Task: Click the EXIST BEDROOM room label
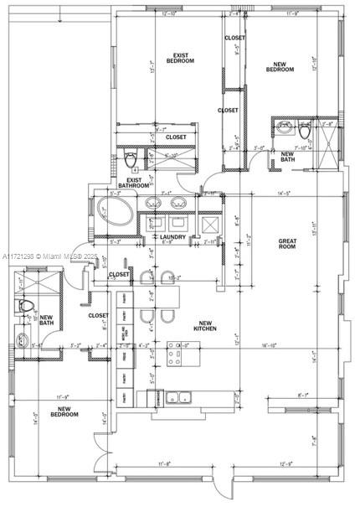180,59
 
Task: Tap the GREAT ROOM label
287,244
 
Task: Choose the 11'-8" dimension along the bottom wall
165,463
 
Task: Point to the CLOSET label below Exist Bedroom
176,137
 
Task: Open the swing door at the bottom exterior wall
219,486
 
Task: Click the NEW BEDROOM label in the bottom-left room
64,411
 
